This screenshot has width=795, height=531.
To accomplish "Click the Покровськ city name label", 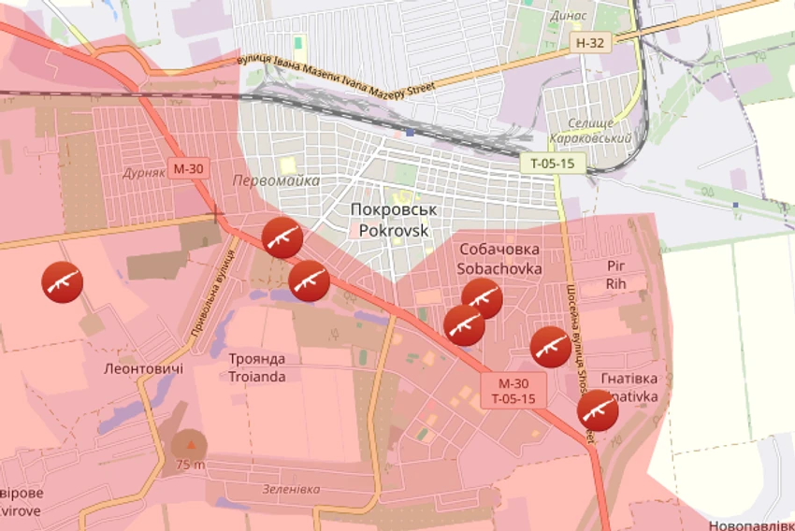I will (394, 210).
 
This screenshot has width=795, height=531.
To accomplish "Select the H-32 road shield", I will (591, 42).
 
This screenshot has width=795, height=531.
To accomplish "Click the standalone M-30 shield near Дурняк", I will (187, 168).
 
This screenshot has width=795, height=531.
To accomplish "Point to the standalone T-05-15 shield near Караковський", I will (553, 163).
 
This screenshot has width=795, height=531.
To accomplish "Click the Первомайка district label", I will (276, 180).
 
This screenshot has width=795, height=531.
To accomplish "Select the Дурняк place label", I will (143, 173).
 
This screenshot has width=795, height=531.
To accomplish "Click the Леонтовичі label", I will (143, 368).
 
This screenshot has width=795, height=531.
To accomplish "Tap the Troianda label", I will (257, 377).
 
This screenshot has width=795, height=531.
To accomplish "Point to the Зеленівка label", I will (291, 489).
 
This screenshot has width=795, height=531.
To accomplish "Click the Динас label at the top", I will (570, 16).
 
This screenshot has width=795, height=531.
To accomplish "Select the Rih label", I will (614, 283).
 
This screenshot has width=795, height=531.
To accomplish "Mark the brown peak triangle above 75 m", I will (191, 443).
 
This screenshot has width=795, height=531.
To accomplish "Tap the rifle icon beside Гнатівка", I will (598, 410).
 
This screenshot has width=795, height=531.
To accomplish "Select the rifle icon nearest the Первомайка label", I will (282, 237).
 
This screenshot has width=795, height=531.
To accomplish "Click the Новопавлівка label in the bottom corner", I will (751, 525).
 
